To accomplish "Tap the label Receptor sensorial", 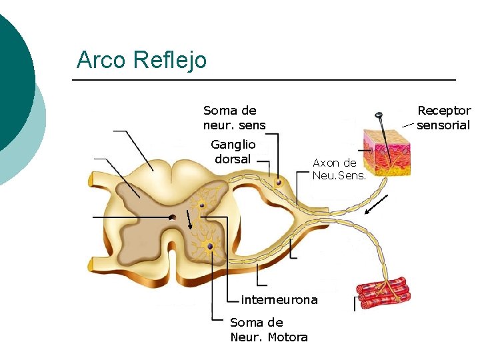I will (x=443, y=118).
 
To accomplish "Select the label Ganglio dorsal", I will (x=233, y=151).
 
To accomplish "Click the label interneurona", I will (x=279, y=299).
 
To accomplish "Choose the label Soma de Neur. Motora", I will (x=269, y=329).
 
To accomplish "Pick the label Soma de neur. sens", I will (x=234, y=118).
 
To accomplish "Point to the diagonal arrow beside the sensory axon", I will (x=377, y=205).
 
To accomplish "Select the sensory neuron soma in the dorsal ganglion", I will (x=279, y=182).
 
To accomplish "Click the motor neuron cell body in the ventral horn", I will (x=210, y=247).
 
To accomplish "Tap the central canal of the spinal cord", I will (x=172, y=217).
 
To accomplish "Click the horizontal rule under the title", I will (x=263, y=81).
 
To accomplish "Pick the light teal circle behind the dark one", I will (x=33, y=140).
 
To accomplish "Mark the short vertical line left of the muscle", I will (x=355, y=304).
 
